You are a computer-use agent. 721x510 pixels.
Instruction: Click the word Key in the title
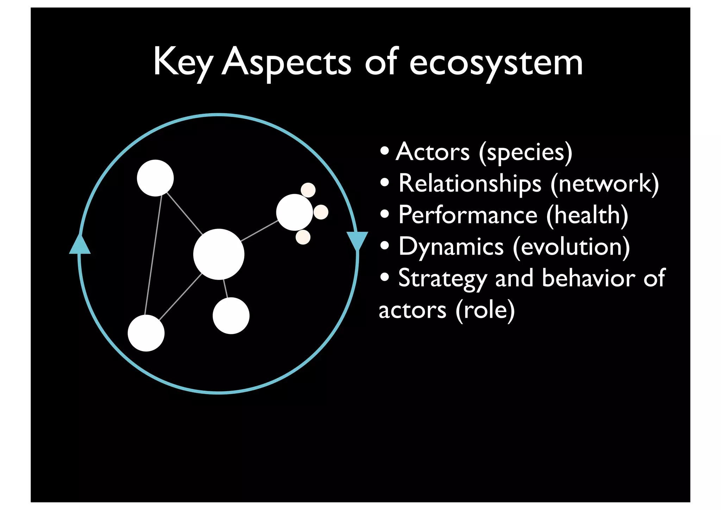[182, 63]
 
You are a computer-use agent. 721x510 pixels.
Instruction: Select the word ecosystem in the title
[496, 63]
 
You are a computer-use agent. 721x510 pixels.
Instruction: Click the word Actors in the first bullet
[433, 152]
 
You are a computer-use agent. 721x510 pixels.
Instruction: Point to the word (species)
[525, 153]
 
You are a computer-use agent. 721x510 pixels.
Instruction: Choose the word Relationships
[470, 184]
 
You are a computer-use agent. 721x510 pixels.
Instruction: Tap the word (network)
[604, 184]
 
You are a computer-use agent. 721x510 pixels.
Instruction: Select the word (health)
[587, 216]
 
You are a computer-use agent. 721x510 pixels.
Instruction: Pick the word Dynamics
[451, 247]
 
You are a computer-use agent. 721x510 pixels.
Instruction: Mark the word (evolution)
[571, 247]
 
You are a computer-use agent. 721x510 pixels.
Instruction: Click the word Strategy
[442, 279]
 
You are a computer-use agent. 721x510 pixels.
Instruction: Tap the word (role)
[485, 310]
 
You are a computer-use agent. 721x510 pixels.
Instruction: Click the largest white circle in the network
[219, 254]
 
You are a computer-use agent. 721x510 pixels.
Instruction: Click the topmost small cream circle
[308, 190]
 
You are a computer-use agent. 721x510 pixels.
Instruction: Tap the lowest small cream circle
[303, 237]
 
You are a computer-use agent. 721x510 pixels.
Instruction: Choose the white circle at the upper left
[155, 178]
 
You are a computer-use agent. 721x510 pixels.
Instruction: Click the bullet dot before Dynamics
[385, 245]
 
